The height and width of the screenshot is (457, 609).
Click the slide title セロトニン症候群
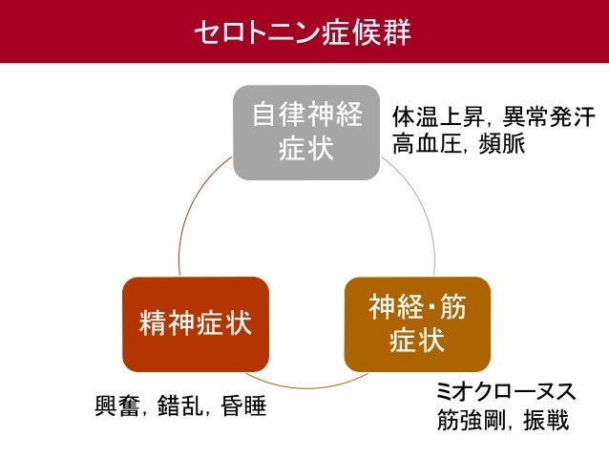[304, 31]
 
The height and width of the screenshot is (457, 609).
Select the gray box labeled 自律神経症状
[306, 133]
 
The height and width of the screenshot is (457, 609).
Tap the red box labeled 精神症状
[195, 323]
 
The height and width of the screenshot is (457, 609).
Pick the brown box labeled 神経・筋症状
[417, 323]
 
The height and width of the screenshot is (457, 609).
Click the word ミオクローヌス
[503, 392]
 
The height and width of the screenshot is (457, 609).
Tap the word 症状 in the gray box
[306, 150]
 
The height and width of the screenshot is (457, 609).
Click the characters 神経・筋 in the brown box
[417, 307]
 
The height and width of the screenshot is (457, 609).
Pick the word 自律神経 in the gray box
[306, 116]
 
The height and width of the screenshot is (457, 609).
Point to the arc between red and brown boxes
[305, 385]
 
